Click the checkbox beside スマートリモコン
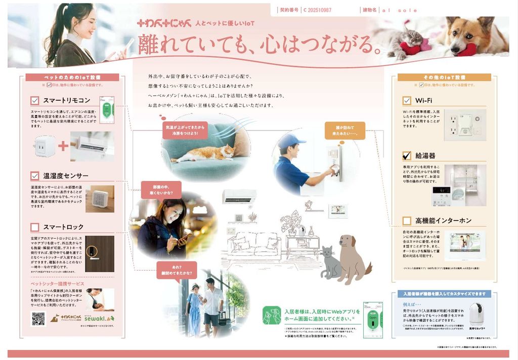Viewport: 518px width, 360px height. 35,100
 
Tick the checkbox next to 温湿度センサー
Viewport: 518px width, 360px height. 35,176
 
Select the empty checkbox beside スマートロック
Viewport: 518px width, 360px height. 35,227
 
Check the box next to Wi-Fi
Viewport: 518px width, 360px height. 407,100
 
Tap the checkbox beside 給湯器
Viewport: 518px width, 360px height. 407,155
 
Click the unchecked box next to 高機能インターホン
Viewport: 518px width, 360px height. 407,220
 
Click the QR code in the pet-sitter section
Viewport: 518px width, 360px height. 38,319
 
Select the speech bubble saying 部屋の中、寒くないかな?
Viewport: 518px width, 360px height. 160,190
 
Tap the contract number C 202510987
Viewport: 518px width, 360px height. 317,10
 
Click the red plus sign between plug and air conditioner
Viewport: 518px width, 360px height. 63,146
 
